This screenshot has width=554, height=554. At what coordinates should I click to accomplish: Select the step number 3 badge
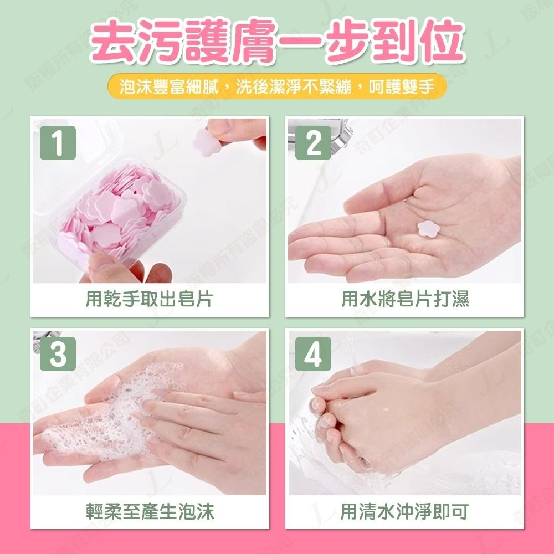tap(58, 356)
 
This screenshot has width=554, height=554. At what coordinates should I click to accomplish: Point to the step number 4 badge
tap(314, 356)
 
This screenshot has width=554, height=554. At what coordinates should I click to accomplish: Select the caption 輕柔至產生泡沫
tap(150, 511)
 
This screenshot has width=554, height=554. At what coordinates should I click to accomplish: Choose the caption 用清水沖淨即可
tap(404, 511)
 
